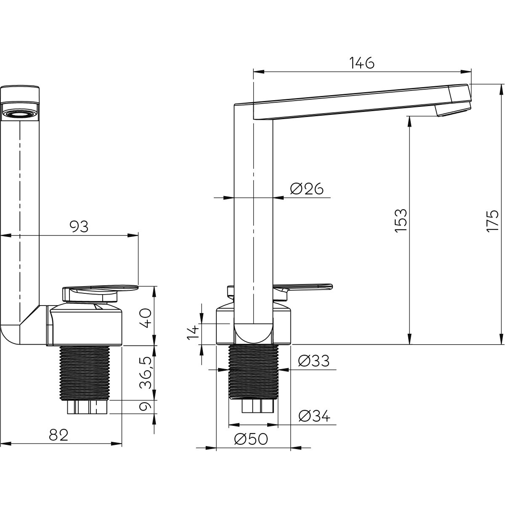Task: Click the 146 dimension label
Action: pyautogui.click(x=362, y=63)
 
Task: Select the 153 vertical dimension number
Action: pyautogui.click(x=401, y=221)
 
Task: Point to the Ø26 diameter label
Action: pyautogui.click(x=307, y=189)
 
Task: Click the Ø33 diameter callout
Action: pyautogui.click(x=314, y=361)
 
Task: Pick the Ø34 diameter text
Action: pyautogui.click(x=314, y=415)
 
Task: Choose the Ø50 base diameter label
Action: pyautogui.click(x=251, y=439)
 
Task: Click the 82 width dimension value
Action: pyautogui.click(x=58, y=435)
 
